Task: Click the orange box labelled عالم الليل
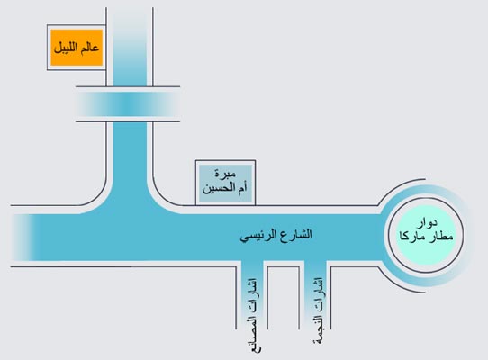(77, 48)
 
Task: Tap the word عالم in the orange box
(89, 48)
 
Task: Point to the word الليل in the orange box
(66, 48)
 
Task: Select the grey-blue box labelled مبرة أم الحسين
(225, 183)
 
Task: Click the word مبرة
(225, 175)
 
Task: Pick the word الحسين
(219, 189)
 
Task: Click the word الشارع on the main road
(295, 234)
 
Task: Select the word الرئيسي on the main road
(258, 235)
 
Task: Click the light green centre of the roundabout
(427, 236)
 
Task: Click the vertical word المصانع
(256, 334)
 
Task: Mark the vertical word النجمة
(319, 330)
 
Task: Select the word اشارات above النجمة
(318, 294)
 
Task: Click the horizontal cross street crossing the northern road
(128, 104)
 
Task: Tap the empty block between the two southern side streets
(284, 298)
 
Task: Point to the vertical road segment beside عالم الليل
(130, 47)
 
